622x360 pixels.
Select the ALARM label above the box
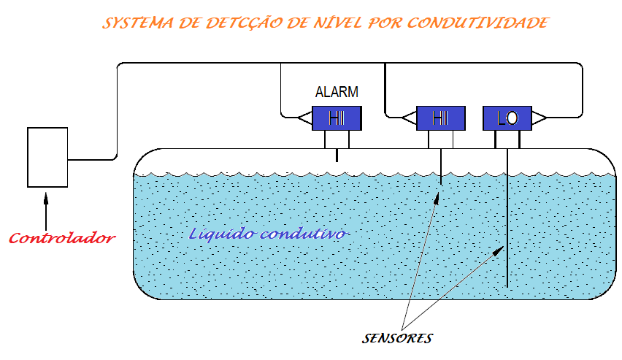[x=337, y=93]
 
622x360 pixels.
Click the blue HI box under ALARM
[x=337, y=118]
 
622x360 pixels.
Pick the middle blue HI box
[x=440, y=118]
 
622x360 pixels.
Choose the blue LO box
[x=507, y=118]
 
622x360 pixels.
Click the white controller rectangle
[x=47, y=157]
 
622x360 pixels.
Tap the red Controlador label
[x=62, y=239]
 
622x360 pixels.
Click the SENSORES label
[x=397, y=339]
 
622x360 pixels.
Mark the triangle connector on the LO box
[x=539, y=118]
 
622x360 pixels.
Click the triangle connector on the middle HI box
[x=407, y=117]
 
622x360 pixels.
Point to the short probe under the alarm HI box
[x=337, y=155]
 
